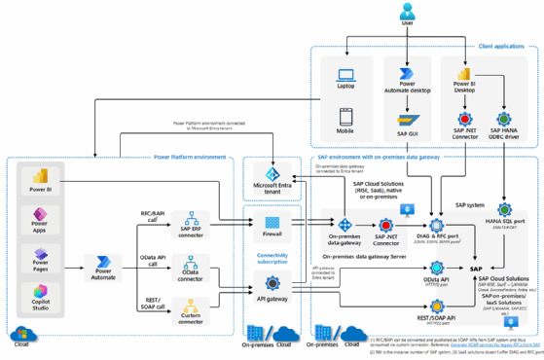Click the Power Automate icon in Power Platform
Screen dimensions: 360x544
pos(101,263)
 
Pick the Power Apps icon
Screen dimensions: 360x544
pos(41,216)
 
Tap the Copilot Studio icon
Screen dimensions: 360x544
pos(41,292)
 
